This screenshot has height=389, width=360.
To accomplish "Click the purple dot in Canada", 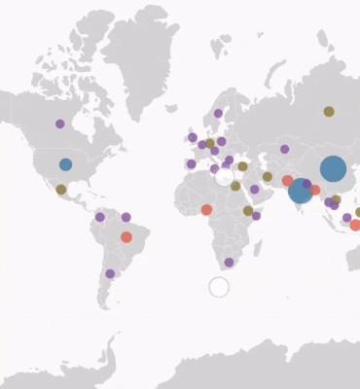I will (x=60, y=124).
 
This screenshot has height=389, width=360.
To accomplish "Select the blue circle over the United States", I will (x=65, y=164).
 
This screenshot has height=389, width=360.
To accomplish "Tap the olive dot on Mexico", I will (x=61, y=190).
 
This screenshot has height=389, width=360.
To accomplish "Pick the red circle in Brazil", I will (x=126, y=237).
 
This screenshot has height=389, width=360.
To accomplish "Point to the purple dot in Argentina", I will (x=110, y=273).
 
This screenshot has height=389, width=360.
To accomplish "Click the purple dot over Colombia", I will (x=99, y=217).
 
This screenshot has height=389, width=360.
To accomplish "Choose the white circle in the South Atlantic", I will (x=219, y=287).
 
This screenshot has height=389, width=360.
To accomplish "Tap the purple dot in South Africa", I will (x=229, y=262).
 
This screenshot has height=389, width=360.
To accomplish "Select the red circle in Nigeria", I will (x=206, y=209).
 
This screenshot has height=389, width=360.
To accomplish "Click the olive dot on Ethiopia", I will (x=248, y=211).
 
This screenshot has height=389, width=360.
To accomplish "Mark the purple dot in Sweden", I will (x=218, y=114).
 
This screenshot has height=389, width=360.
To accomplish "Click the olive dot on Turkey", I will (x=242, y=166).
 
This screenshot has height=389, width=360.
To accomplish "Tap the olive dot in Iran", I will (x=268, y=177).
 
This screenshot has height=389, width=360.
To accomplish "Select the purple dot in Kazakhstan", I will (x=284, y=149).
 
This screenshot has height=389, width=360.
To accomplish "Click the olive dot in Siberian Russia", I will (x=329, y=111).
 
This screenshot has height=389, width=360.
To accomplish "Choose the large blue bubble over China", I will (x=333, y=168).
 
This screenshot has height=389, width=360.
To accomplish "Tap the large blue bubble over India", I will (x=301, y=191).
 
